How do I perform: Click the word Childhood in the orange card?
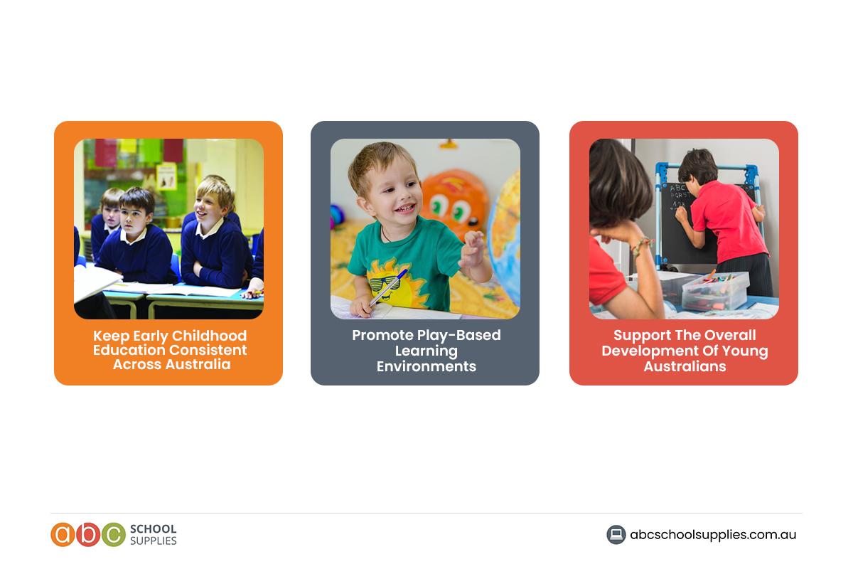tap(210, 336)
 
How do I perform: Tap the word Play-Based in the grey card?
tap(463, 335)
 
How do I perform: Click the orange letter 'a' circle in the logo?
tap(63, 535)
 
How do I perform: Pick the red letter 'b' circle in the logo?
tap(87, 535)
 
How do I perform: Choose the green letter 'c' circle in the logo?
tap(112, 535)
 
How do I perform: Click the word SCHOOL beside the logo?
tap(153, 529)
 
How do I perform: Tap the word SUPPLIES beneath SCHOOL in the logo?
tap(153, 541)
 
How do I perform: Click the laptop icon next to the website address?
tap(616, 535)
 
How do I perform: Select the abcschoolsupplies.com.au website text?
tap(713, 535)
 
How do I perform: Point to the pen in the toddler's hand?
tap(388, 286)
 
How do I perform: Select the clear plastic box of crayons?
tap(715, 290)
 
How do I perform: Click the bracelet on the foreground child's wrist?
tap(642, 245)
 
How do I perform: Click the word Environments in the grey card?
tap(426, 367)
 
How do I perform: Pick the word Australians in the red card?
tap(685, 367)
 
